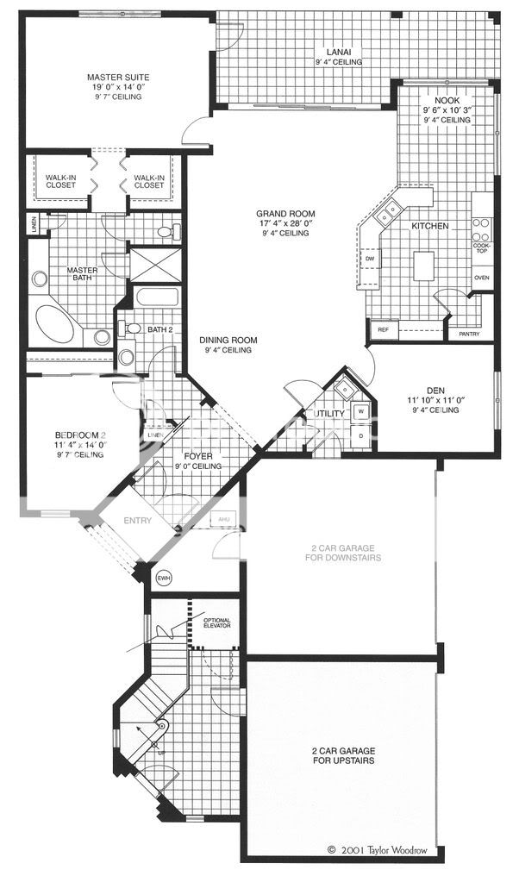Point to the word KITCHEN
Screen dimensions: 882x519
coord(429,226)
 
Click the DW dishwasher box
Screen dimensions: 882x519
coord(369,258)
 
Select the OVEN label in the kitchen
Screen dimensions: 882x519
coord(482,278)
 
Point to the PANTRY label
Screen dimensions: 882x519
coord(469,334)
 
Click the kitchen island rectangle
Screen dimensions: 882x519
coord(423,266)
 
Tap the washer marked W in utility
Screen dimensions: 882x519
coord(361,412)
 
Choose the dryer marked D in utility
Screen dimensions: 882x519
coord(361,436)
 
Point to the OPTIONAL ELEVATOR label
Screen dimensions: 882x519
coord(216,623)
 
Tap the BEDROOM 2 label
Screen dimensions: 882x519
coord(79,441)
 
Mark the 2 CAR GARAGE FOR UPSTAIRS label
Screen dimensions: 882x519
coord(343,755)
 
